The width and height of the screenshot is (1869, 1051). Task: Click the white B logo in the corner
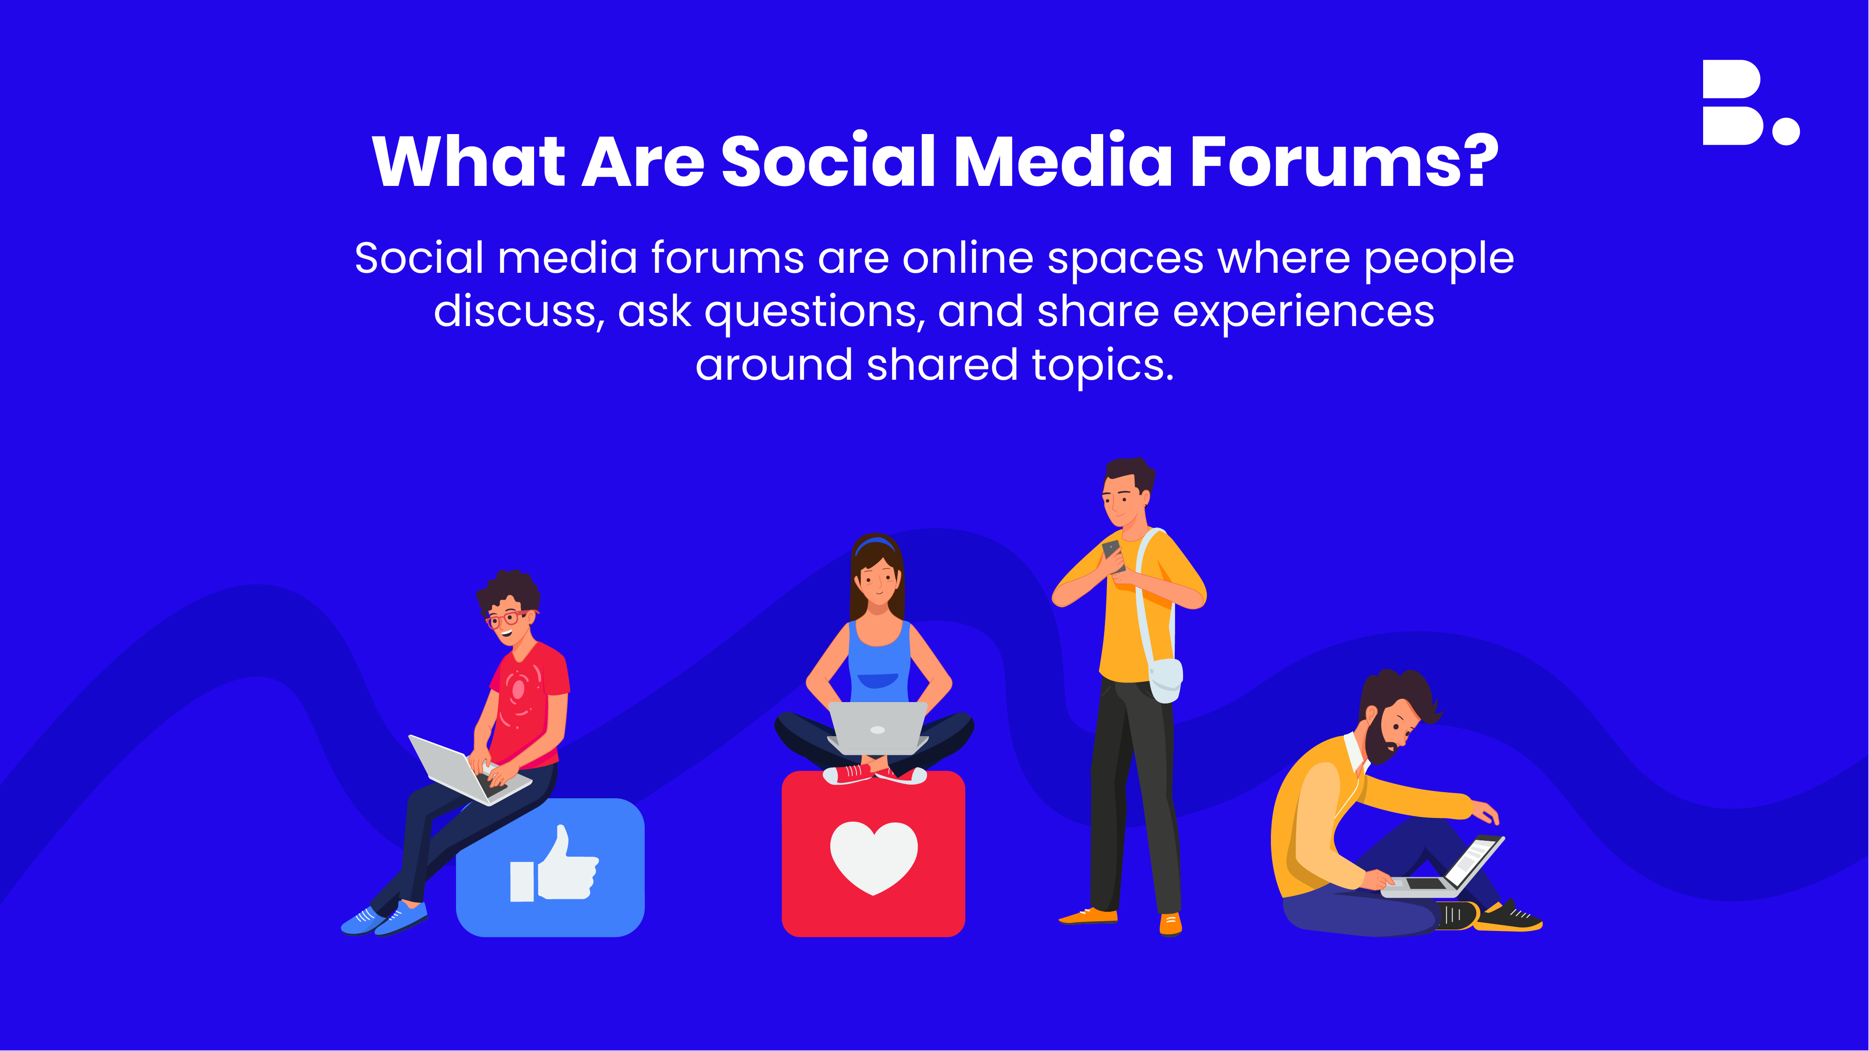(1750, 102)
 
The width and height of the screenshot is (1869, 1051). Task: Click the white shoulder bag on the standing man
(1165, 681)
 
